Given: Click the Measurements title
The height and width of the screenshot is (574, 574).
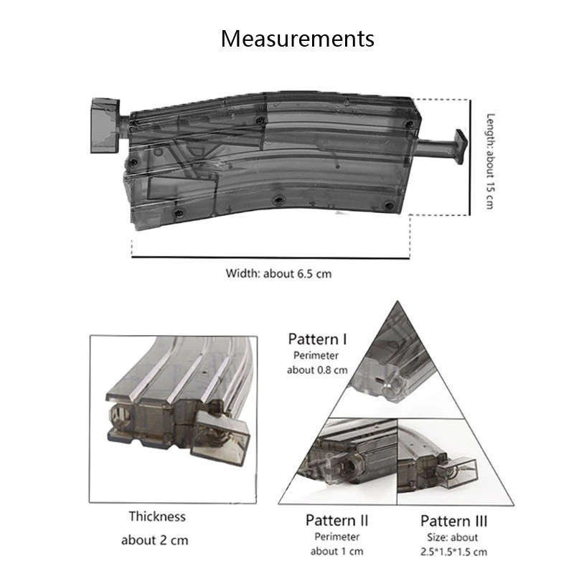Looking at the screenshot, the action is point(297,38).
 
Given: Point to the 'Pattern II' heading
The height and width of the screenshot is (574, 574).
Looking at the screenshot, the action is point(337,519).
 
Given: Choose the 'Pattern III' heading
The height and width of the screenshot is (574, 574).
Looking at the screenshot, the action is point(453,520).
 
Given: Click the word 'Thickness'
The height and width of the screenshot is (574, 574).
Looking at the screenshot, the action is point(157,516).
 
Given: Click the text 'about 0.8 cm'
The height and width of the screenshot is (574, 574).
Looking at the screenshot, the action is point(317,370).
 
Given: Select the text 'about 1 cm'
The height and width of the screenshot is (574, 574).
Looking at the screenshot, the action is point(337,551).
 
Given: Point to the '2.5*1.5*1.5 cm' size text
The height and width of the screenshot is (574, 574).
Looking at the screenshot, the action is point(453,551).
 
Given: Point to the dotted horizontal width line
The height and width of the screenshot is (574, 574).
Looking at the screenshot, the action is point(270,257).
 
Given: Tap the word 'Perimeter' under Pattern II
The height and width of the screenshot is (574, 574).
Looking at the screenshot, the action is point(337,536).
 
